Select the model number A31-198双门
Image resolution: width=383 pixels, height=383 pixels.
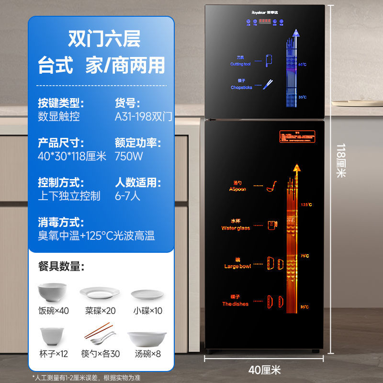coord(143,116)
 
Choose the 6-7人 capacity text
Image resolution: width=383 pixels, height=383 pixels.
coord(127,196)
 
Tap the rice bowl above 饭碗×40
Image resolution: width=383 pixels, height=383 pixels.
coord(52,292)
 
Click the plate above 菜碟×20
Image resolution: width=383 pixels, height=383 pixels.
coord(100,293)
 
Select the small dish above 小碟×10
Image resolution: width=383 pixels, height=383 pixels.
coord(147,294)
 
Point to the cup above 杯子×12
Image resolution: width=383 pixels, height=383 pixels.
coord(52,337)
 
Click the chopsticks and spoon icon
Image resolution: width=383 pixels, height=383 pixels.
coord(100,337)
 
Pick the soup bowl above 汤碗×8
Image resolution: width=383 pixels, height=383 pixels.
coord(146,339)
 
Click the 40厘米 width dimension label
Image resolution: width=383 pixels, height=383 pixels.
coord(265,369)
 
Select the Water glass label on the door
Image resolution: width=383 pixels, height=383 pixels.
coord(236,225)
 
